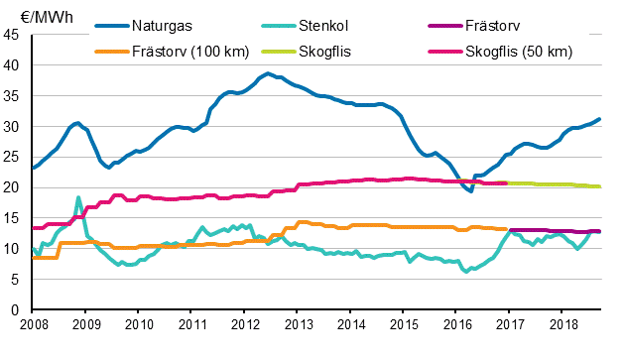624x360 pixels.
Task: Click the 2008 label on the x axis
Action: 33,324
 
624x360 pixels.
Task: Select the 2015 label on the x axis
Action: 404,324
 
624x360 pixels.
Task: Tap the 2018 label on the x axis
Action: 562,324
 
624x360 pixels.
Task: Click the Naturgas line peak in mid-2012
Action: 268,73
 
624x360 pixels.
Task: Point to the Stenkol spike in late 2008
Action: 78,197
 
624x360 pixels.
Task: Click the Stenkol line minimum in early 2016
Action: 466,271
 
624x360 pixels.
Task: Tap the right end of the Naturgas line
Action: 600,119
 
